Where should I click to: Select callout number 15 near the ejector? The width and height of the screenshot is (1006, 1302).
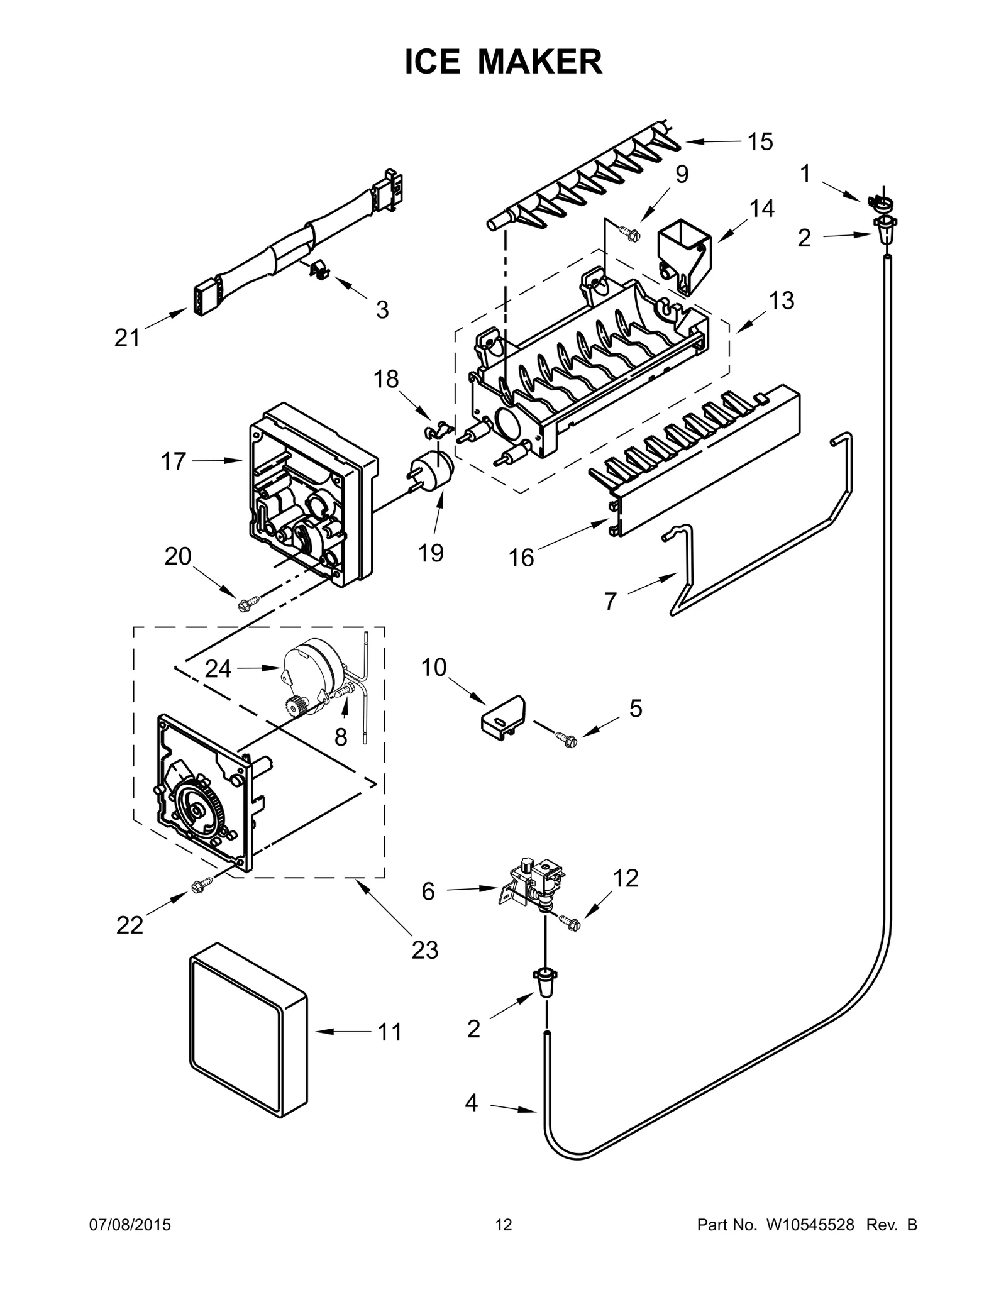tap(760, 142)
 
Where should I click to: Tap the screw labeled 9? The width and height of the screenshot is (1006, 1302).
tap(630, 233)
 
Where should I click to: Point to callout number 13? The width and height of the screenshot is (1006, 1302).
tap(782, 301)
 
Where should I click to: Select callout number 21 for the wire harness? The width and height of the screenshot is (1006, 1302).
tap(127, 339)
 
